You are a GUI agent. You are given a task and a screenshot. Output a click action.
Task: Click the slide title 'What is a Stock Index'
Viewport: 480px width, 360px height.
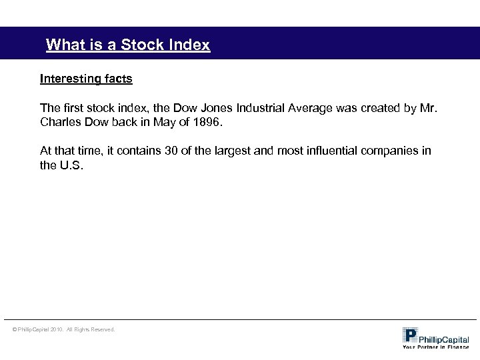(x=127, y=45)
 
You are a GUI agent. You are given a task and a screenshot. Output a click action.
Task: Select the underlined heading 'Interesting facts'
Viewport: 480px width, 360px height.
(x=86, y=79)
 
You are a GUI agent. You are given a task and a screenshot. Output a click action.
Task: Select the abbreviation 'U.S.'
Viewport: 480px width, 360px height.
(x=72, y=166)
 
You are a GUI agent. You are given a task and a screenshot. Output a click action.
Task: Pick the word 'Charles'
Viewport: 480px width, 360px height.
(x=59, y=123)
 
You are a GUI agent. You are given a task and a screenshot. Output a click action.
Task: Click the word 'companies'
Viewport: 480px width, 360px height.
(x=389, y=151)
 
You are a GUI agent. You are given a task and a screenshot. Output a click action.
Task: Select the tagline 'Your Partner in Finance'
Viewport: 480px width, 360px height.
(x=435, y=347)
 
